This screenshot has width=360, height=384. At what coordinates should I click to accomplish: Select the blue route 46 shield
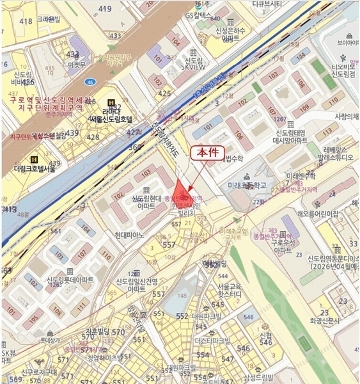coord(92,83)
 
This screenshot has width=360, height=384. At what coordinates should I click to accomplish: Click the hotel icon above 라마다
coord(113,102)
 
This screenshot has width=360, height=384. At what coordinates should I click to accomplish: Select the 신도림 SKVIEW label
coord(194,62)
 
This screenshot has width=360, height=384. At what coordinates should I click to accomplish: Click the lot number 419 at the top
coord(105,9)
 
